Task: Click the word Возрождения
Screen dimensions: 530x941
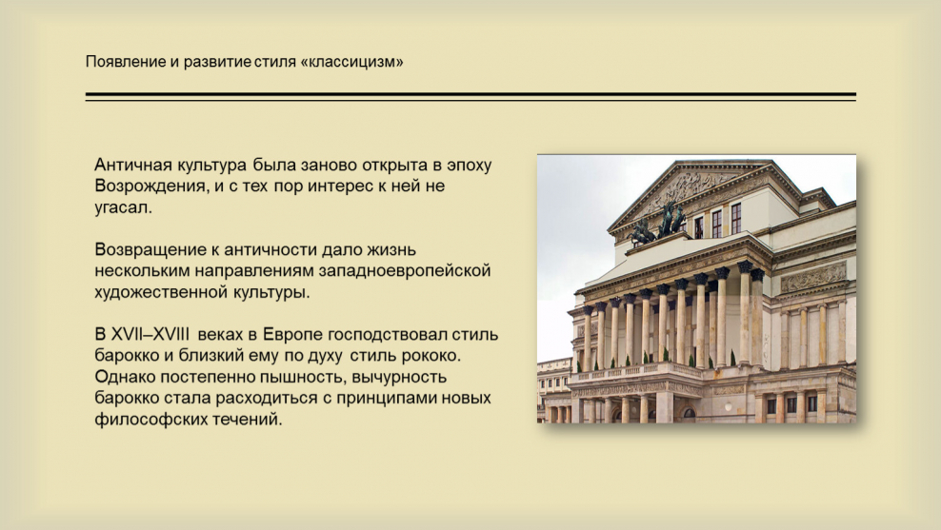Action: point(150,186)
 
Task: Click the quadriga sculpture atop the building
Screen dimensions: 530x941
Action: point(658,224)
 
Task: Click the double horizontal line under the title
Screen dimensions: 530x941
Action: point(470,96)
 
